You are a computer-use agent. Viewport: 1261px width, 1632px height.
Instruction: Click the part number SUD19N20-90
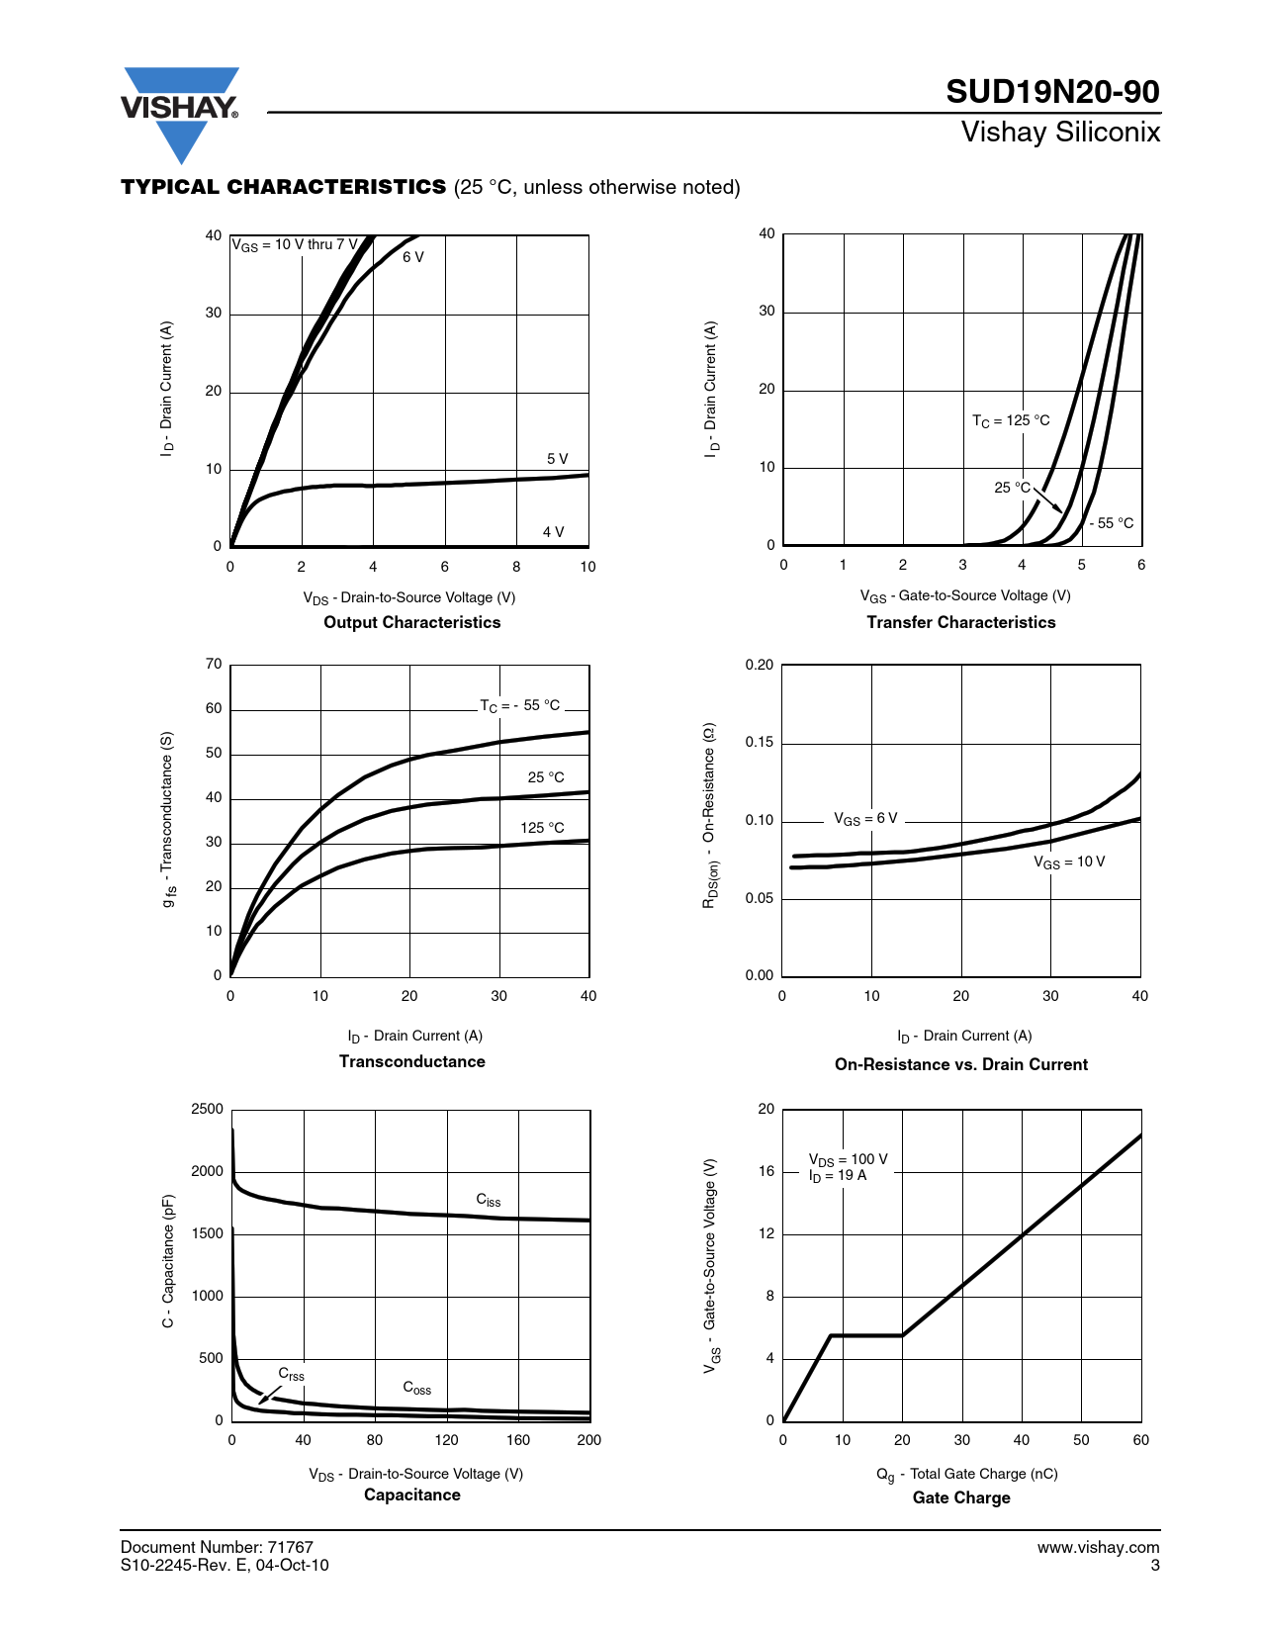pos(1052,92)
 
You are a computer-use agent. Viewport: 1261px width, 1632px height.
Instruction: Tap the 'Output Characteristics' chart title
pos(412,622)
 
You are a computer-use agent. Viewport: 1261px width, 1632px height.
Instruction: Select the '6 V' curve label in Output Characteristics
pos(413,257)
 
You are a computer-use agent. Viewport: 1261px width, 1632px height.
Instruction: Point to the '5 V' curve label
pos(558,459)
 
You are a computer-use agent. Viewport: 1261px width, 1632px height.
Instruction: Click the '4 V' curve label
pos(554,532)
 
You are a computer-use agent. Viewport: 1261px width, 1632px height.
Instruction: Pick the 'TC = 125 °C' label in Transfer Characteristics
pos(1011,420)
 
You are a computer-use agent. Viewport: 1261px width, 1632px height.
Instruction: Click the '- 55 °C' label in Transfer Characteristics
pos(1112,523)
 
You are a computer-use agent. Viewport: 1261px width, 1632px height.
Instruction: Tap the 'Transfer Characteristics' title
pos(960,622)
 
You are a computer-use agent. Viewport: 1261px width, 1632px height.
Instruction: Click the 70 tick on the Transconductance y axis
pos(214,664)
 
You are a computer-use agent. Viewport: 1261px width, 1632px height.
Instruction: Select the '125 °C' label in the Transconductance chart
pos(542,828)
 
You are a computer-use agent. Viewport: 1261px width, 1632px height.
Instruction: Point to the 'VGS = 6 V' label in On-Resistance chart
pos(865,819)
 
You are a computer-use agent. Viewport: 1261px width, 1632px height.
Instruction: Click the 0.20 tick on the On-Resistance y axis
pos(760,665)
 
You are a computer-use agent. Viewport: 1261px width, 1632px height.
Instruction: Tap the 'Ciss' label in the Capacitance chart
pos(489,1200)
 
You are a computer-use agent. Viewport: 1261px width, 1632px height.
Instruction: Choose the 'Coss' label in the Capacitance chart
pos(417,1388)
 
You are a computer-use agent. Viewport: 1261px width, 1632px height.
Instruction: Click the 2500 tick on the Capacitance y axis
pos(208,1109)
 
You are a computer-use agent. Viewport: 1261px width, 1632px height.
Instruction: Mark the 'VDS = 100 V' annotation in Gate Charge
pos(849,1159)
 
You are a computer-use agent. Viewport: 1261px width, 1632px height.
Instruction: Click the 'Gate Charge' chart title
pos(961,1497)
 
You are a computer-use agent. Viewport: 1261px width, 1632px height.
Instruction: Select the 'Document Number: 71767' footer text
pos(217,1547)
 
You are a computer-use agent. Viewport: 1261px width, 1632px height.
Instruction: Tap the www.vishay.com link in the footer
pos(1098,1547)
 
